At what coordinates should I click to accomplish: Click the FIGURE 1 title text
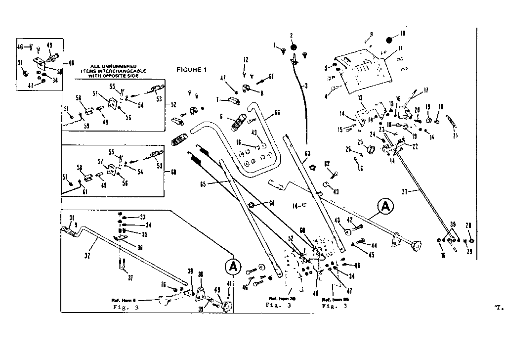(191, 70)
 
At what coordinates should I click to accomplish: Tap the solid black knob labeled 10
(389, 40)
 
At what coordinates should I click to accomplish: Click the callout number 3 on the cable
(306, 86)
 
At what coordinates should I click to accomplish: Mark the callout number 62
(327, 163)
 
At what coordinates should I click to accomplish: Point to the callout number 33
(143, 217)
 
